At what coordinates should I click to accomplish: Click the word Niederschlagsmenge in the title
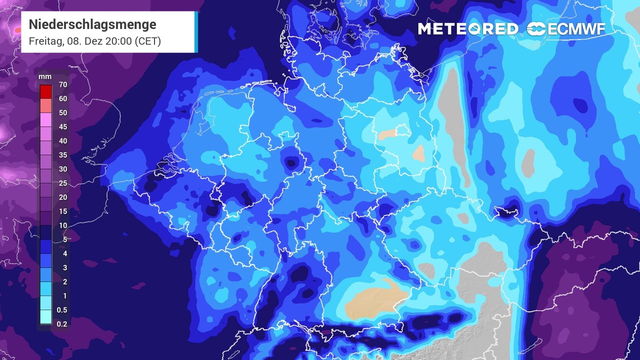click(x=92, y=24)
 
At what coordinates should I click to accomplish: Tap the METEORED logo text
click(x=467, y=29)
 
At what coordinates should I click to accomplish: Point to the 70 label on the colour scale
click(x=62, y=84)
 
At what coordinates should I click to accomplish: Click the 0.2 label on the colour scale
click(x=62, y=324)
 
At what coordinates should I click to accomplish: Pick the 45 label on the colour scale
click(x=62, y=127)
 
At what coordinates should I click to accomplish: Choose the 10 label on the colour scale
click(x=62, y=225)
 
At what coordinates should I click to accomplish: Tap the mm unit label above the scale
click(x=45, y=76)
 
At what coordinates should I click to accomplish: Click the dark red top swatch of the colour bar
click(x=45, y=91)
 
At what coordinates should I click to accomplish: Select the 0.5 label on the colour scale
click(x=62, y=310)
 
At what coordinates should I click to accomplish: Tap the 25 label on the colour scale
click(x=62, y=183)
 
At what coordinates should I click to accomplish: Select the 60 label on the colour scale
click(x=62, y=98)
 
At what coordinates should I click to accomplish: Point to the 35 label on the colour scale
click(x=62, y=155)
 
